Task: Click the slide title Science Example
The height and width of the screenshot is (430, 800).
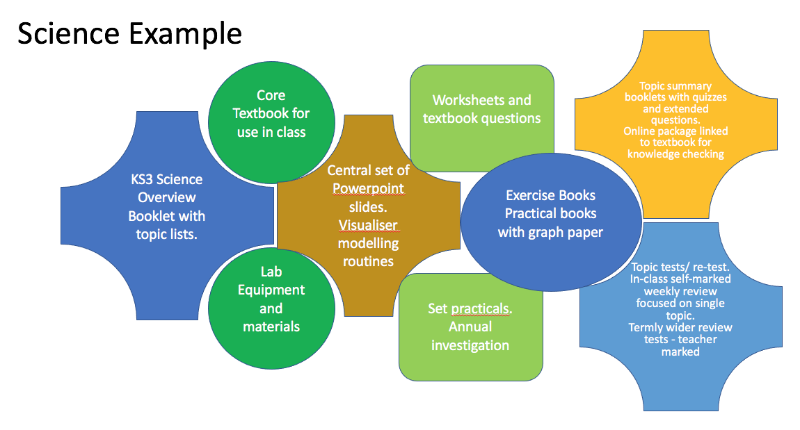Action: [x=129, y=34]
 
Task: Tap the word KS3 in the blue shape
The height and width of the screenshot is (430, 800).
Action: [x=144, y=179]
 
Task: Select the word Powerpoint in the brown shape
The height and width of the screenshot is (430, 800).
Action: [x=368, y=188]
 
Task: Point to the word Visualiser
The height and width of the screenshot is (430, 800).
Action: [x=368, y=224]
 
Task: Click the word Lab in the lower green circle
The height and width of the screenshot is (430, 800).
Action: [x=271, y=272]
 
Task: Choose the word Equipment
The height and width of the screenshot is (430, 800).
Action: [x=271, y=290]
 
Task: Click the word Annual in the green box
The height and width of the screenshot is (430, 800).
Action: [x=470, y=326]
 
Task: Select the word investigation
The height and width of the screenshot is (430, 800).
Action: [x=470, y=345]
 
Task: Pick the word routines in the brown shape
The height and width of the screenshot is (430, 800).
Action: [x=368, y=261]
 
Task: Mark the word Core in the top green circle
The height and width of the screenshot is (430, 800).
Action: [x=271, y=95]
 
